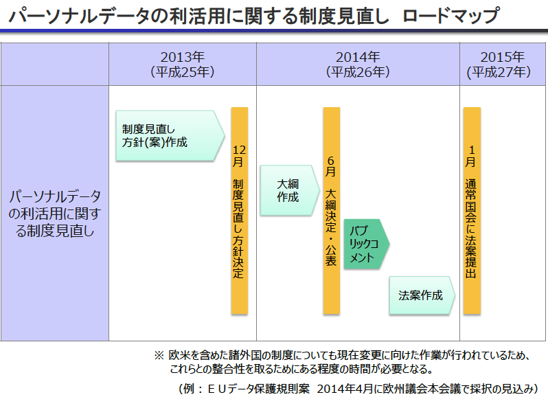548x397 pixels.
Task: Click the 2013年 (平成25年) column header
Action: (x=182, y=64)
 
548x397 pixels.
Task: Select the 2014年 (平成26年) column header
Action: (x=358, y=64)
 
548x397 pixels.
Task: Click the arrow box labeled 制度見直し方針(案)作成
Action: (x=169, y=136)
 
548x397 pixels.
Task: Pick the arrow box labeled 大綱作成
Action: (x=288, y=190)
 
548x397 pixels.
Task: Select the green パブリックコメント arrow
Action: (x=365, y=243)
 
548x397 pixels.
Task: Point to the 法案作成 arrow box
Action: (x=421, y=295)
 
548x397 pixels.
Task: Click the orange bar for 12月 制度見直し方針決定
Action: (x=239, y=210)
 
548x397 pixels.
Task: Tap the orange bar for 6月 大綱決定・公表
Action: (x=331, y=210)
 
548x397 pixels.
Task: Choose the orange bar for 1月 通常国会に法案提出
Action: (x=472, y=210)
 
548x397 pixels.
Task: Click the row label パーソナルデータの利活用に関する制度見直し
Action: (x=54, y=213)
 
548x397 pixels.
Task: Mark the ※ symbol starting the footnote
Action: (x=159, y=356)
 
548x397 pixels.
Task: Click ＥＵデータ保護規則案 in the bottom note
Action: (x=253, y=388)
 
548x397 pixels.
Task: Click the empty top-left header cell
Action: (x=54, y=64)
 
